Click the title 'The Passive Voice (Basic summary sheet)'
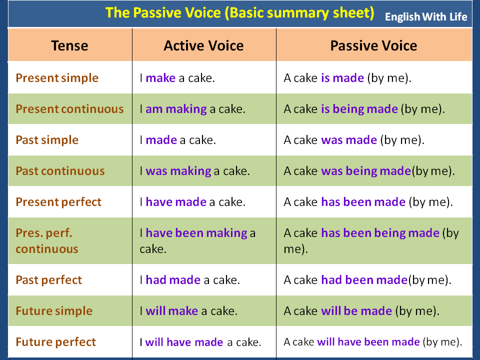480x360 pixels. (x=239, y=13)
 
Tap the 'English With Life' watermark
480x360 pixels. (x=426, y=17)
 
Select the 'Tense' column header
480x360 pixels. (x=69, y=46)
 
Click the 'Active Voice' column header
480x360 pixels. (x=203, y=46)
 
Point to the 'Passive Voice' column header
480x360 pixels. (x=373, y=46)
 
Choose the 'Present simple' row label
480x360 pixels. (x=57, y=78)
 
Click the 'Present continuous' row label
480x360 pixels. (x=69, y=109)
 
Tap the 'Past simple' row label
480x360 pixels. (x=47, y=140)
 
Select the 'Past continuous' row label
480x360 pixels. (x=60, y=171)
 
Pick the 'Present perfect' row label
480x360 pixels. (x=58, y=202)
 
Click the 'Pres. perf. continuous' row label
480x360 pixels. (x=47, y=241)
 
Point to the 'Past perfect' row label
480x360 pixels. (x=48, y=280)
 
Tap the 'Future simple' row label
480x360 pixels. (x=54, y=311)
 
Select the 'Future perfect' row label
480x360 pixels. (x=55, y=342)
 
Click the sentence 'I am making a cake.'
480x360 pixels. (x=192, y=109)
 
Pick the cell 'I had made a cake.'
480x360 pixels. (x=189, y=280)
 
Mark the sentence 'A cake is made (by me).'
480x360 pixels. (x=347, y=78)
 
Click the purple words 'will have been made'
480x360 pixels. (x=368, y=342)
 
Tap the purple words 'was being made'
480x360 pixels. (x=366, y=171)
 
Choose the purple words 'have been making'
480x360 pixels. (x=196, y=233)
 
